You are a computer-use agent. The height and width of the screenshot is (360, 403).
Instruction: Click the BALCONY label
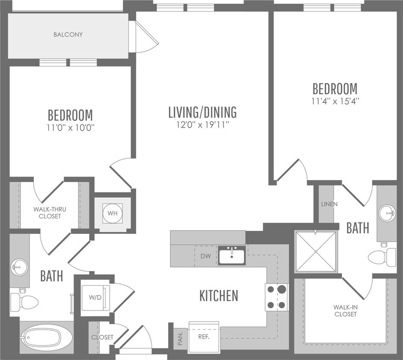click(x=68, y=35)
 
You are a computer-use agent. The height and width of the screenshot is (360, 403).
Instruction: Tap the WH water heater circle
click(x=113, y=213)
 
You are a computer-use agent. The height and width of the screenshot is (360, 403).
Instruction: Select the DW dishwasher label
click(x=206, y=256)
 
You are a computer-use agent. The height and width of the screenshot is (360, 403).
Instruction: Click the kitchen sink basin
click(x=232, y=255)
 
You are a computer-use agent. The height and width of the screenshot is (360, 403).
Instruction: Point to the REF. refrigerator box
click(x=204, y=337)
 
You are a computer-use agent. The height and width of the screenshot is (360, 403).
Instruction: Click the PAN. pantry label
click(x=180, y=338)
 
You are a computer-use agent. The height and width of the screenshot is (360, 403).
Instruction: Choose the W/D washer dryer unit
click(x=95, y=297)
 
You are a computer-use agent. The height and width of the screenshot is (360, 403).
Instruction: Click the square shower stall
click(x=316, y=252)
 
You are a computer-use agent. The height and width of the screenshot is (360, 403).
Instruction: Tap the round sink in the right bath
click(x=387, y=213)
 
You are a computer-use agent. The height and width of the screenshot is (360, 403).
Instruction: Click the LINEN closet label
click(x=329, y=204)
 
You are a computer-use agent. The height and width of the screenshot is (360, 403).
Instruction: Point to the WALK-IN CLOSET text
click(x=346, y=311)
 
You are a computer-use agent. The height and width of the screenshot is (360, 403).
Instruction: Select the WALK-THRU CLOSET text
click(x=50, y=212)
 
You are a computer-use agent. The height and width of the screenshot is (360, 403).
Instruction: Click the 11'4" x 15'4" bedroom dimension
click(x=335, y=102)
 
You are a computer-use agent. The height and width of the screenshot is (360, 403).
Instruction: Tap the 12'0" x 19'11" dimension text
click(x=202, y=125)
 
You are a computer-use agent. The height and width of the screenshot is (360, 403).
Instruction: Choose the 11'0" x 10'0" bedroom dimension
click(x=70, y=128)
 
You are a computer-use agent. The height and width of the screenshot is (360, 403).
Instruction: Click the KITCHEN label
click(x=219, y=296)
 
